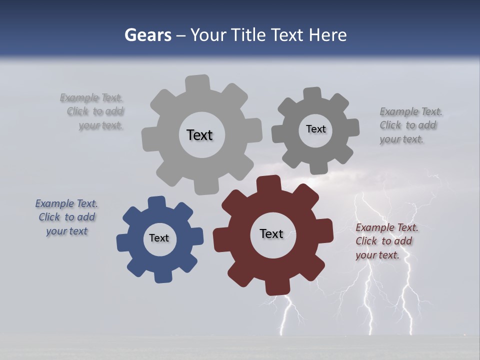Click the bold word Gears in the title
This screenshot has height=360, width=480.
coord(148,35)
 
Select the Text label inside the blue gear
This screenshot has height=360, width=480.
coord(159,238)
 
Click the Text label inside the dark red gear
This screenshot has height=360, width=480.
coord(271,233)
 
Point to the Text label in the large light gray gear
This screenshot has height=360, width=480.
coord(199,135)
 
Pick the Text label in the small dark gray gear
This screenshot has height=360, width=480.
coord(315,129)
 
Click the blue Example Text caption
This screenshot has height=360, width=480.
coord(66,217)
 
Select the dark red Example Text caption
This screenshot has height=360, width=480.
coord(386,241)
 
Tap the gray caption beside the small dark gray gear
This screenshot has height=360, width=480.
coord(410,125)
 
